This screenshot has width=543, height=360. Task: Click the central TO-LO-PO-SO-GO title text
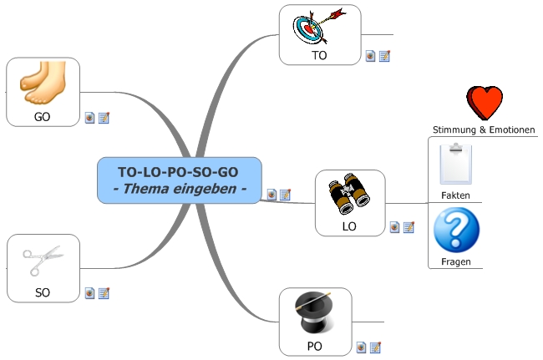coord(179,171)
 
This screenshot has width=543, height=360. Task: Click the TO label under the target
coord(319,56)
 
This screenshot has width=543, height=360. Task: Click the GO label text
coord(43,117)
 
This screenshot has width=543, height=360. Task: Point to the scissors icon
coord(43,261)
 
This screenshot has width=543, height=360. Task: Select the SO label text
coord(43,293)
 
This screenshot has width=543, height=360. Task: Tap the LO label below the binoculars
coord(349,226)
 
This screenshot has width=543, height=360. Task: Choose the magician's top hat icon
coord(315,312)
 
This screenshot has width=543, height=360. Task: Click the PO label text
coord(315,345)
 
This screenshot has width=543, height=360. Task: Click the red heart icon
coord(485,104)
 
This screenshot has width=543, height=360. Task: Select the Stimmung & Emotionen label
coord(484,130)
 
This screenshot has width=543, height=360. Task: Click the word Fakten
coord(455,195)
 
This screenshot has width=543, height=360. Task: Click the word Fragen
coord(455,261)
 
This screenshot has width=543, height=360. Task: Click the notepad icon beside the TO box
coord(385,56)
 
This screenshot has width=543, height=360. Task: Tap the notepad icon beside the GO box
coord(104,118)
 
